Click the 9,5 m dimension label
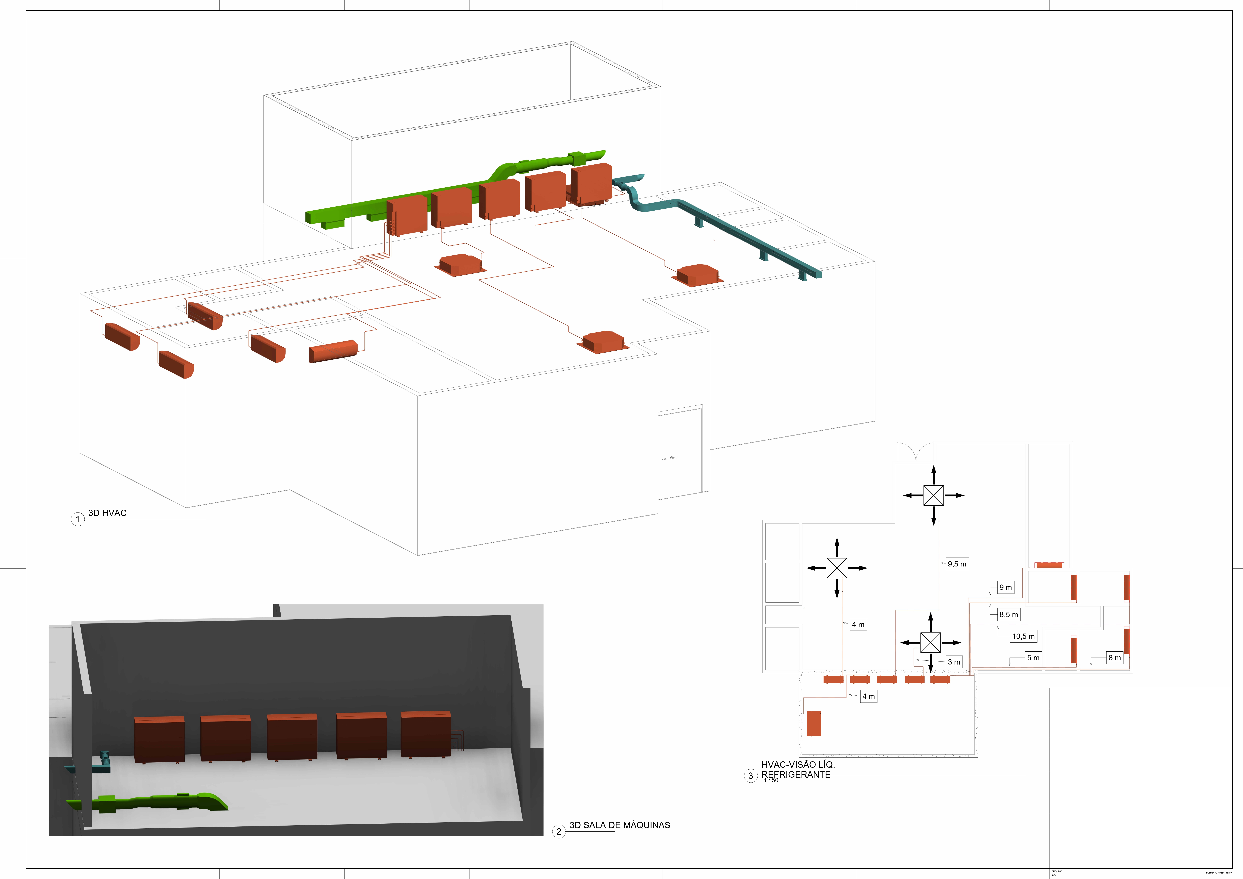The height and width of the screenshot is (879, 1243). coord(957,564)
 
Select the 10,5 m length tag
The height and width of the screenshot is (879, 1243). coord(1023,637)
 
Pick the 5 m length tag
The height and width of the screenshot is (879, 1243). coord(1033,658)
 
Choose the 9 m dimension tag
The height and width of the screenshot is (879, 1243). coord(1005,587)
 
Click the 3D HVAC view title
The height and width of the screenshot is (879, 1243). coord(107,513)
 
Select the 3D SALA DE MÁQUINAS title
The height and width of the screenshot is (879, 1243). coord(619,825)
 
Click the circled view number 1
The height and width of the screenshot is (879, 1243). coord(77,519)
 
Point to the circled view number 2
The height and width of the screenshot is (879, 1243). coord(559,831)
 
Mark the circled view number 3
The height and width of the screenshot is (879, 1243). coord(750,776)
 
